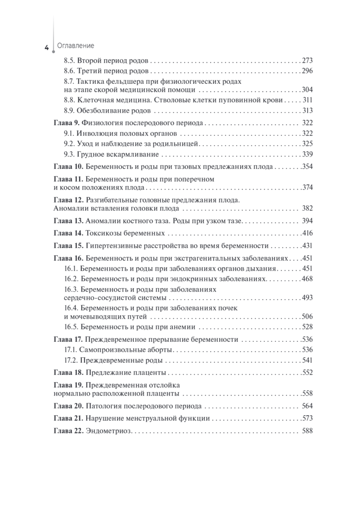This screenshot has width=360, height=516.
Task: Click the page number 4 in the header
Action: tap(46, 47)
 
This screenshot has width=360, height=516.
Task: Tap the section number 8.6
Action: tap(69, 71)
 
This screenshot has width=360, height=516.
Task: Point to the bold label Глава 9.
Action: tap(66, 123)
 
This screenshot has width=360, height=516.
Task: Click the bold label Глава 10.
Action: tap(68, 166)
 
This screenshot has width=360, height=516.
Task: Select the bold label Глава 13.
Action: tap(68, 221)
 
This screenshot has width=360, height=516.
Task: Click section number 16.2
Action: tap(71, 279)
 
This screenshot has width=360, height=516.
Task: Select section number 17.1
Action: tap(70, 349)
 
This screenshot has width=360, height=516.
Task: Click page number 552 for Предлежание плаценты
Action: tap(307, 372)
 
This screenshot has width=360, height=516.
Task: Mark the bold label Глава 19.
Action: tap(68, 385)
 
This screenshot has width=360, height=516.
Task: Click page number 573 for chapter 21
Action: tap(307, 418)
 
